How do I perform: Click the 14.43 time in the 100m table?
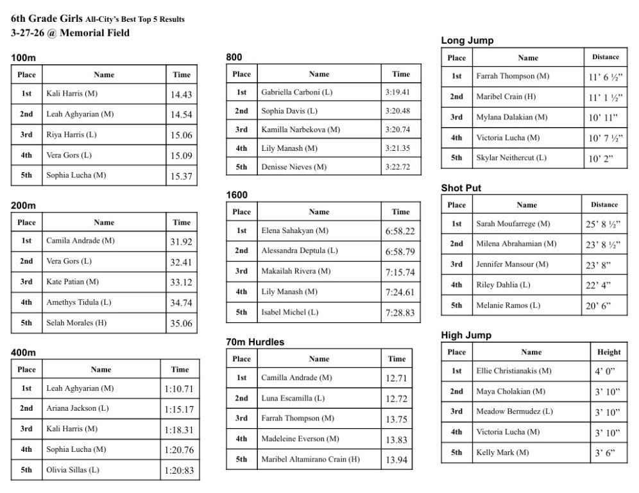coord(181,94)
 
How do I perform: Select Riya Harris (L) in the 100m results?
coord(71,135)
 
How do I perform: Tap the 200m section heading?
coord(23,205)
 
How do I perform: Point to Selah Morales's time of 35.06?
coord(181,324)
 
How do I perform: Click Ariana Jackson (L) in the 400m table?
coord(77,408)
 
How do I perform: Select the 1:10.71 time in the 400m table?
coord(179,388)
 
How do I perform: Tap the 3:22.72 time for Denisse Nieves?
coord(398,167)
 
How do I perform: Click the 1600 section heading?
coord(237,195)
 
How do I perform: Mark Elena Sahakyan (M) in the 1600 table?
coord(295,230)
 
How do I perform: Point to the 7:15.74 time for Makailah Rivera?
coord(400,272)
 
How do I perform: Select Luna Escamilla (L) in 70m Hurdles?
coord(293,398)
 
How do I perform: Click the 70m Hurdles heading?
coord(255,342)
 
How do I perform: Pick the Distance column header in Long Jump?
coord(605,57)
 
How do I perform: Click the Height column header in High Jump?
coord(608,352)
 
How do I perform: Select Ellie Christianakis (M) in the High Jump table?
coord(513,370)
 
